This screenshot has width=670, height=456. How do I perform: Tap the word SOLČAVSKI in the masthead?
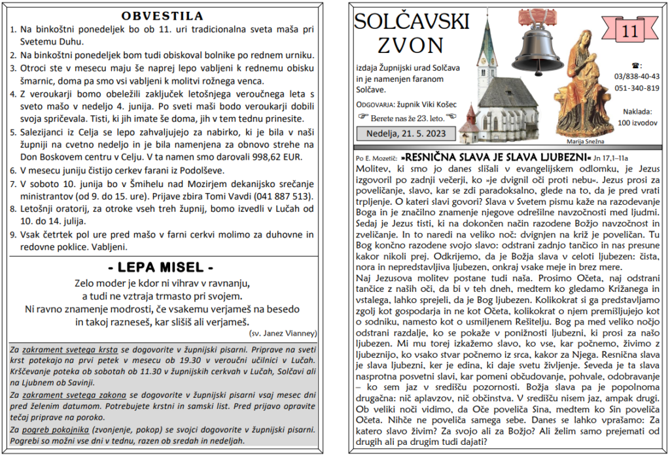[412, 22]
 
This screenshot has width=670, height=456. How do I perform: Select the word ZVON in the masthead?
[411, 45]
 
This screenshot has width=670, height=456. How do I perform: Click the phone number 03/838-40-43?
[637, 77]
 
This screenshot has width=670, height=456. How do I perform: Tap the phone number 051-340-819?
[637, 88]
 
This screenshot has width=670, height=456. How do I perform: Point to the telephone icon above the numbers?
[636, 65]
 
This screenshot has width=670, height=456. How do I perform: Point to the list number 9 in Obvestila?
[13, 235]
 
